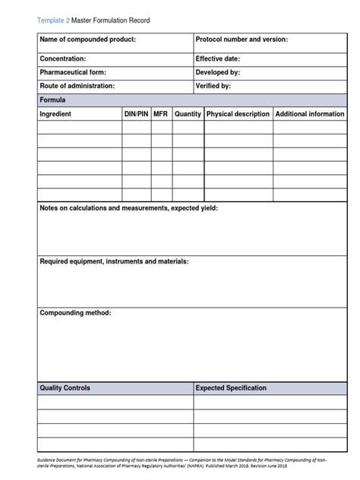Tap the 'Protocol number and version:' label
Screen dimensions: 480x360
(242, 39)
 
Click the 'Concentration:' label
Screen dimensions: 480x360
(62, 58)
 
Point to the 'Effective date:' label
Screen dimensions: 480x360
(218, 58)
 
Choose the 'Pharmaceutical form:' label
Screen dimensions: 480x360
(72, 72)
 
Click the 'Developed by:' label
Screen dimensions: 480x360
(218, 72)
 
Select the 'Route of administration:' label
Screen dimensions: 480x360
(77, 86)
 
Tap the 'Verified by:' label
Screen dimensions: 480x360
(213, 86)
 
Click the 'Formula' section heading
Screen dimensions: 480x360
(52, 99)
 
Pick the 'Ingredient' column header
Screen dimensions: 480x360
(55, 114)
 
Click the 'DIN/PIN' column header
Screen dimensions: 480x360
(136, 114)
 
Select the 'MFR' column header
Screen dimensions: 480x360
(160, 114)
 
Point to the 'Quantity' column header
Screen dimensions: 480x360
(188, 114)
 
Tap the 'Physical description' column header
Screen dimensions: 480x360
(238, 114)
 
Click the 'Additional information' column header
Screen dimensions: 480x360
(309, 114)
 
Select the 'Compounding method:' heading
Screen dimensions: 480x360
(75, 313)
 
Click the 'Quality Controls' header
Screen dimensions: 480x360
(65, 388)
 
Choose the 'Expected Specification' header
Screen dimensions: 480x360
(231, 388)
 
